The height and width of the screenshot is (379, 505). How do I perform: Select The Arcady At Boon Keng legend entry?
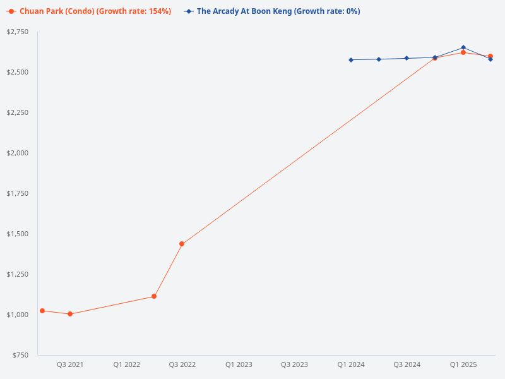click(x=278, y=11)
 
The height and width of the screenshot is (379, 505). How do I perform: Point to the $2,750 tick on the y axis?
click(x=18, y=32)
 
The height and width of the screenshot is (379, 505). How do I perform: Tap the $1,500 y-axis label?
click(x=18, y=234)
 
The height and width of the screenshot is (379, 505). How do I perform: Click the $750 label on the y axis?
click(x=20, y=355)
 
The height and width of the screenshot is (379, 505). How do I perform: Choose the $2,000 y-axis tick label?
click(x=18, y=153)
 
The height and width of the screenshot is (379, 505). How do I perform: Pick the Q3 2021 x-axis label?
click(x=70, y=364)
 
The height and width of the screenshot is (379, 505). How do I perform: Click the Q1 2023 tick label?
click(x=239, y=364)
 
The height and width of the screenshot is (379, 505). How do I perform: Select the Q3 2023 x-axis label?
click(x=295, y=364)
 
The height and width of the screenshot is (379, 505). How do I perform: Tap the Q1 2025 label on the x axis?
click(x=463, y=364)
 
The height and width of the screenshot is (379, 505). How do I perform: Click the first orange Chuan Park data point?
click(x=42, y=311)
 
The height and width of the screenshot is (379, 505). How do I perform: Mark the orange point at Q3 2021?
click(x=70, y=314)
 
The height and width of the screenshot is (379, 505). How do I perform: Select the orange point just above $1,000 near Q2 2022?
click(x=154, y=296)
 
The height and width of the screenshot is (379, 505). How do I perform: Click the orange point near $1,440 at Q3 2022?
click(x=182, y=244)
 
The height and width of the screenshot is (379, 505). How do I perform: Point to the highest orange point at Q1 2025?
click(x=463, y=52)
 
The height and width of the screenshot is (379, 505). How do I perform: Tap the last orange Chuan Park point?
click(x=490, y=56)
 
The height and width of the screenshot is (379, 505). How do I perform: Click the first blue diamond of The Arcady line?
click(x=351, y=60)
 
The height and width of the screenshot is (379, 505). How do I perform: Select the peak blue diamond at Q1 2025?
click(x=463, y=47)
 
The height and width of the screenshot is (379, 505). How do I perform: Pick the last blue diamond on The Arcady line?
click(x=490, y=59)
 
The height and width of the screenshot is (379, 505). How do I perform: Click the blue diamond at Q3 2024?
click(x=407, y=58)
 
